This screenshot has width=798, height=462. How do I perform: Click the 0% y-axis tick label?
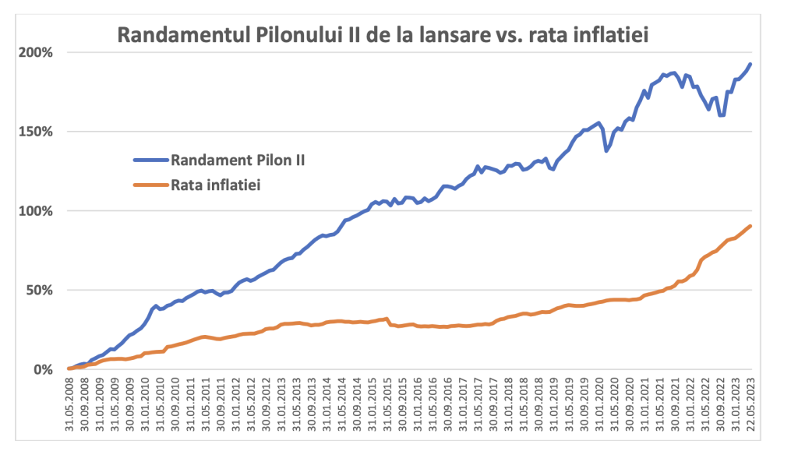(42, 369)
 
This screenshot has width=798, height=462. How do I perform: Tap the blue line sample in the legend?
(153, 160)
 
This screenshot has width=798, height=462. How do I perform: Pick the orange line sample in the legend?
(153, 185)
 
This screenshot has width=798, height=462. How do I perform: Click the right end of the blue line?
(750, 64)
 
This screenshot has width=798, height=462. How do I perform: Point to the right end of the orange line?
(750, 226)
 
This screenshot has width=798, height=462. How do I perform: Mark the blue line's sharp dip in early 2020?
(607, 150)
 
